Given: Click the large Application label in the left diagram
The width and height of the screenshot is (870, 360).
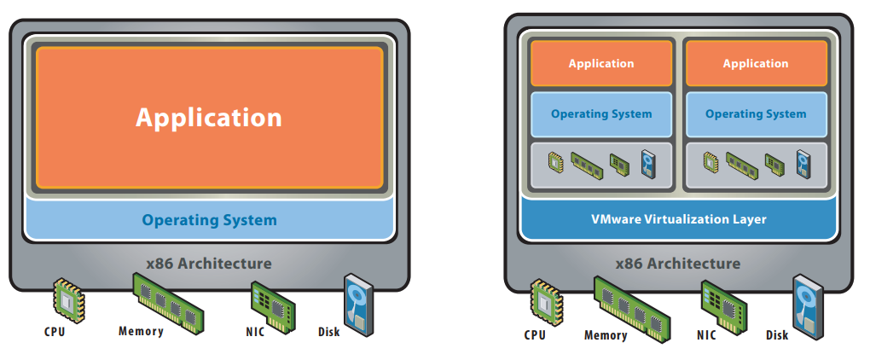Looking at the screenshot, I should [x=209, y=117].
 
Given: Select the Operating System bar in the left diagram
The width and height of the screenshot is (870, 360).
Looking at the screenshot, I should [x=209, y=220].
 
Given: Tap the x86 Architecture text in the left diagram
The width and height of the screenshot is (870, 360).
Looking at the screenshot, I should [x=209, y=263].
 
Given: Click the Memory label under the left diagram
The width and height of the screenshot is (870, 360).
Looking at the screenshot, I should [x=141, y=331].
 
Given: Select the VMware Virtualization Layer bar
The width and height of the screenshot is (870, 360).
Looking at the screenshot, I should [x=678, y=219].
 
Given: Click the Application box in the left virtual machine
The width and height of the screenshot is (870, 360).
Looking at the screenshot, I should [x=601, y=64].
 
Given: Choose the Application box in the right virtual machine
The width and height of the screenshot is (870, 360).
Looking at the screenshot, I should [x=756, y=64].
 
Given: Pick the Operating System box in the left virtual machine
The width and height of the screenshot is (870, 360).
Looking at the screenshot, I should [x=601, y=113].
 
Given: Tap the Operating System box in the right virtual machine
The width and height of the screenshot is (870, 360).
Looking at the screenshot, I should [x=756, y=113].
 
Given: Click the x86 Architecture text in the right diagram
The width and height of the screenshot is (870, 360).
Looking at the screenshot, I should [x=678, y=263].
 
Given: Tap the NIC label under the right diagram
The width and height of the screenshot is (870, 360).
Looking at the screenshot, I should [x=706, y=335].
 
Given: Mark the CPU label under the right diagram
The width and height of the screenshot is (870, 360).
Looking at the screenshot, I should [x=535, y=335].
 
